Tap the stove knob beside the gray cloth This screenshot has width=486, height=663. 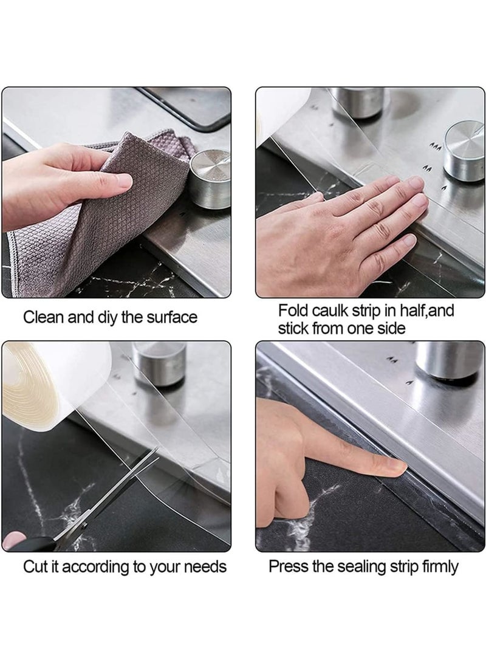pyautogui.click(x=210, y=179)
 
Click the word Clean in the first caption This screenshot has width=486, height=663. pyautogui.click(x=41, y=317)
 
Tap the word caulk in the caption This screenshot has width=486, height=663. pyautogui.click(x=330, y=311)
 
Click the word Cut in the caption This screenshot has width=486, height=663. pyautogui.click(x=35, y=567)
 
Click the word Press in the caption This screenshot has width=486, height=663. pyautogui.click(x=288, y=567)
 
